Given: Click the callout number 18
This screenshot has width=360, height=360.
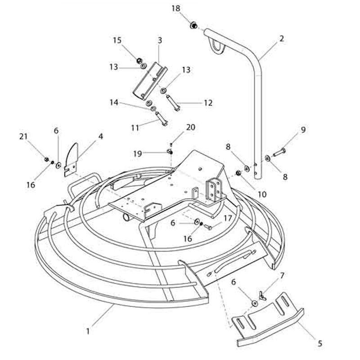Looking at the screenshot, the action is [x=176, y=9].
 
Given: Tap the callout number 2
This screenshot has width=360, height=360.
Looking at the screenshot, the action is [x=282, y=38].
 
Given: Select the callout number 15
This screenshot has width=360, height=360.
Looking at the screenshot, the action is [x=117, y=40].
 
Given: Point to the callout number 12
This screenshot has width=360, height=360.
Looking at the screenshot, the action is [x=208, y=103].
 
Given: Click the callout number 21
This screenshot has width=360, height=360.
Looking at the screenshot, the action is [x=23, y=137].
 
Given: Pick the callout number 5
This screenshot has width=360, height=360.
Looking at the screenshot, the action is [x=320, y=343].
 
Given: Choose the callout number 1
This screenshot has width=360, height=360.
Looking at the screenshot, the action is [x=87, y=332].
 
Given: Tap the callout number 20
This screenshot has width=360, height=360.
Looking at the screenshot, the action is [x=190, y=127].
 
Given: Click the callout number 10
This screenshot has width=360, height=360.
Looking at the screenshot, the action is [x=262, y=194].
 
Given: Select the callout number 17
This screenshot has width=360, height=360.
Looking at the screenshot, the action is [x=228, y=218].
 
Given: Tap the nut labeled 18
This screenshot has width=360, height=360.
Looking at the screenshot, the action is [x=193, y=26].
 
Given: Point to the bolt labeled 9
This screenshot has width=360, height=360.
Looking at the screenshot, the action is [x=279, y=152].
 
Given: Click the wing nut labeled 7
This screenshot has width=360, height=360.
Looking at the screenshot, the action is [x=262, y=295].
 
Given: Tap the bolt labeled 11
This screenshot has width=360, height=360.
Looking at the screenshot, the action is [x=162, y=118].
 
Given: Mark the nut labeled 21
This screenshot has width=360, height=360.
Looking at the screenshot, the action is [x=46, y=159].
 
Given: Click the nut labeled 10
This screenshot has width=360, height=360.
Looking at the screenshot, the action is [x=238, y=173].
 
